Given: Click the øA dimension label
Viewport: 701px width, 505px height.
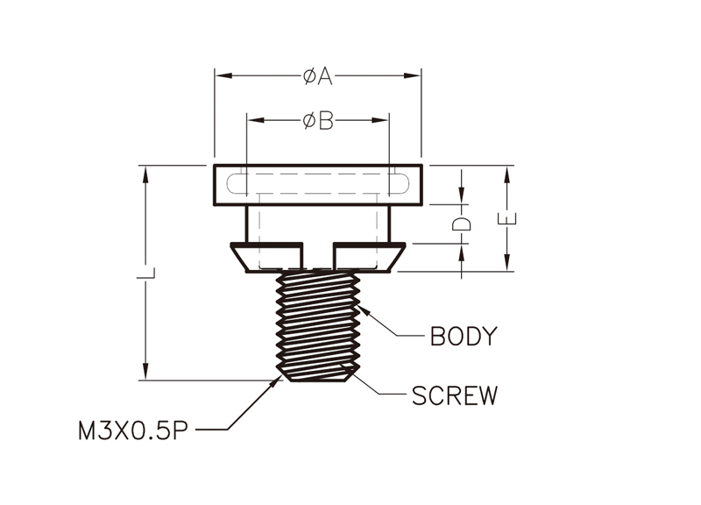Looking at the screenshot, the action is [318, 76].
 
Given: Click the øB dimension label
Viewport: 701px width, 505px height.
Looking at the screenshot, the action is [318, 121].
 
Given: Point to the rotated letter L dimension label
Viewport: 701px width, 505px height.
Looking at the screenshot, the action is [145, 273].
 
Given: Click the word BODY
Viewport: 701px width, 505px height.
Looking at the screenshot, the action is [464, 337].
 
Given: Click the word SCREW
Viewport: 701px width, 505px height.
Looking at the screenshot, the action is [454, 395].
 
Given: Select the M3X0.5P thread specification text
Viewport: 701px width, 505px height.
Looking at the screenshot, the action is [133, 431].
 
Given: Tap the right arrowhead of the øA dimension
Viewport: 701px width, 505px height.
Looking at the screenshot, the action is [412, 76].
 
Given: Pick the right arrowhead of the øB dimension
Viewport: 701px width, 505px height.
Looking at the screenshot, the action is [380, 120].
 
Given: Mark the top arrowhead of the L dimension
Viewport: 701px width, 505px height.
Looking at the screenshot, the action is [145, 174].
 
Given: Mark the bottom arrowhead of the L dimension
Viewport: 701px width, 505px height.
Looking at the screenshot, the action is [145, 371].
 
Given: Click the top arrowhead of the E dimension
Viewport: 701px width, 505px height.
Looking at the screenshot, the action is [507, 174].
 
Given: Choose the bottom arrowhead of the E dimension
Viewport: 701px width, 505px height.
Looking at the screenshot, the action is [507, 262].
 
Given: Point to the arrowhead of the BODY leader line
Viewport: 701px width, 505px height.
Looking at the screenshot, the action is [362, 309].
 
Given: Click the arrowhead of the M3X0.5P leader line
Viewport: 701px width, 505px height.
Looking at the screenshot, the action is [277, 382].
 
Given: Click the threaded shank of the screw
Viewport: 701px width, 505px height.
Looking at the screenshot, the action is [318, 326].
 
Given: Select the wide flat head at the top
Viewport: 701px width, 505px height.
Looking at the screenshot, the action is [318, 185].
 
